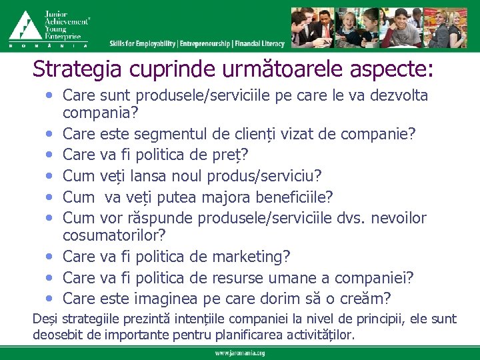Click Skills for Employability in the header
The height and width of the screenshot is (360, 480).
point(143,44)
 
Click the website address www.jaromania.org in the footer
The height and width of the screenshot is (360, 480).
point(240,353)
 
